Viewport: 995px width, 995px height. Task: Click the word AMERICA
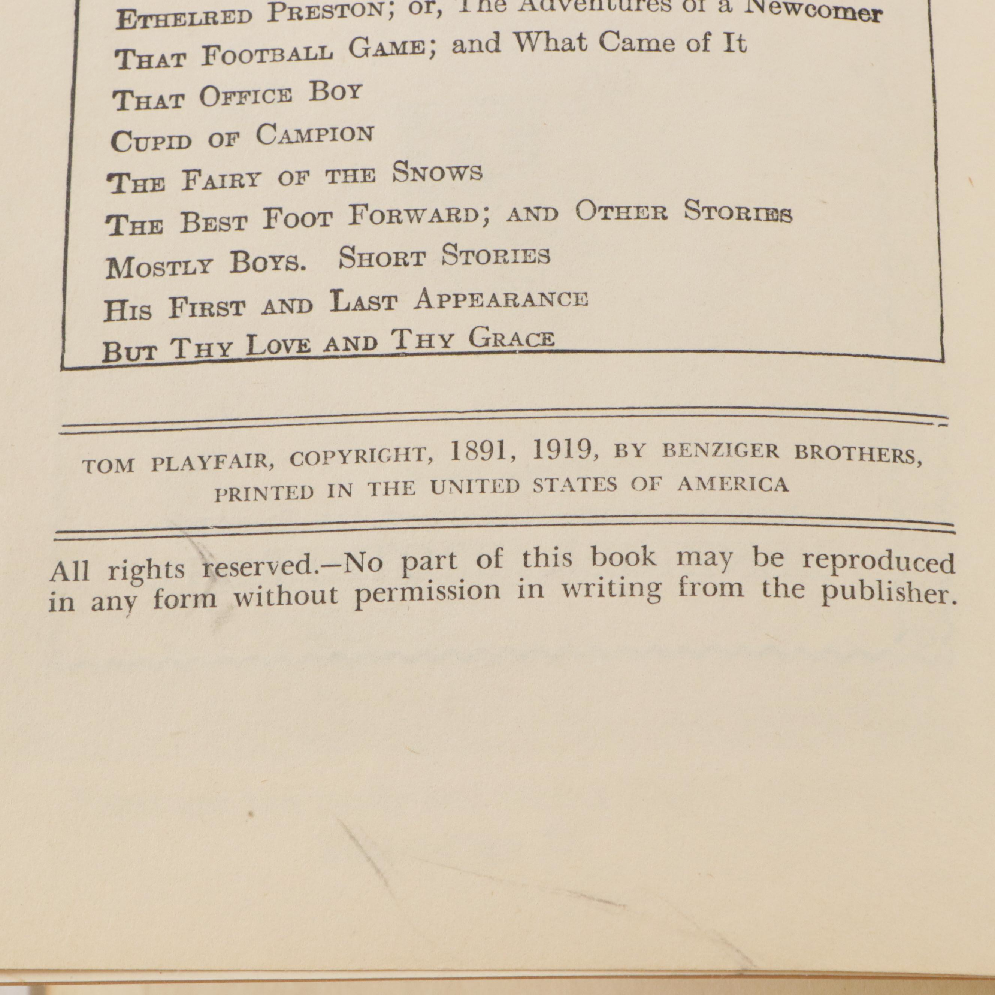(x=732, y=484)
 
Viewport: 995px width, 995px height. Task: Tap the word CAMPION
(x=315, y=135)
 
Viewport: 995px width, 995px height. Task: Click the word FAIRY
(x=221, y=180)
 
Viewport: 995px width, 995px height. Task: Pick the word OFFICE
(x=246, y=96)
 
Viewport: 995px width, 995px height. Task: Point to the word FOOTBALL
(x=267, y=55)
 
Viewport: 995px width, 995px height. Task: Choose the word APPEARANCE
(x=501, y=299)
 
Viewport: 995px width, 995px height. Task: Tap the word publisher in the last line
(x=888, y=593)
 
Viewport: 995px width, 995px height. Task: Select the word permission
(x=427, y=592)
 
